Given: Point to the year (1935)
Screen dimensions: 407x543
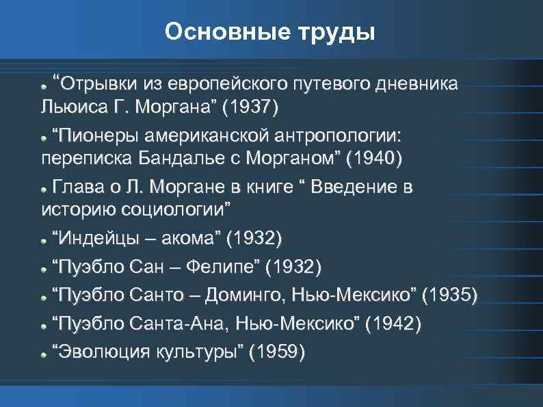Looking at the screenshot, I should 451,296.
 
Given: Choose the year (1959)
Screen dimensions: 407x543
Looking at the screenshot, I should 278,352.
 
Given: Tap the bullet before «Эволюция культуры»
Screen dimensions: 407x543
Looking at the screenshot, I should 44,354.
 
